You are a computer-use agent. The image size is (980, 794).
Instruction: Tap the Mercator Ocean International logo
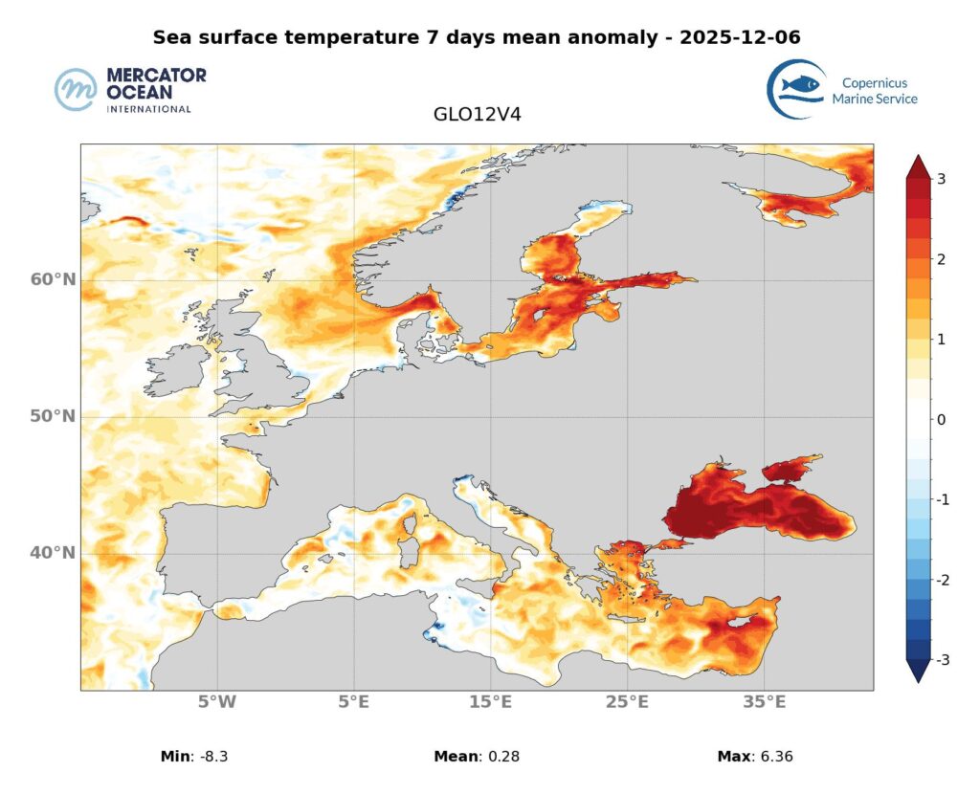click(130, 90)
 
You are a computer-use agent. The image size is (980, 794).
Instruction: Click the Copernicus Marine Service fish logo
click(797, 89)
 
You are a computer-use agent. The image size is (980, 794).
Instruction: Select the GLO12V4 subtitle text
click(477, 114)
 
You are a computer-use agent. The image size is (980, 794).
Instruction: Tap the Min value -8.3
click(211, 757)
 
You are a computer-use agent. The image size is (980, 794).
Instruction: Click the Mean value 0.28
click(495, 757)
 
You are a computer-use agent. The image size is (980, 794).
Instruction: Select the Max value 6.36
click(773, 757)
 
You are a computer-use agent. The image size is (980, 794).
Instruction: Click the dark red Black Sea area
click(746, 512)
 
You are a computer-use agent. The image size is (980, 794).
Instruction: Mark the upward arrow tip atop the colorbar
click(917, 155)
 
